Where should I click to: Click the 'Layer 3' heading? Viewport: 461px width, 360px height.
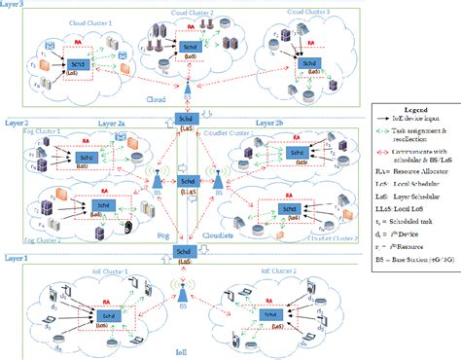(16, 6)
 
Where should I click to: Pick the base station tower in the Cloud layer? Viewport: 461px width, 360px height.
(185, 93)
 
